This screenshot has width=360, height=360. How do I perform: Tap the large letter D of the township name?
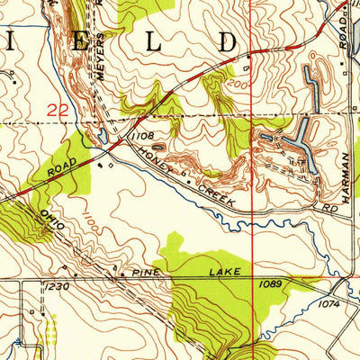click(227, 42)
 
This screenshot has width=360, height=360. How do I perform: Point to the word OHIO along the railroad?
click(51, 218)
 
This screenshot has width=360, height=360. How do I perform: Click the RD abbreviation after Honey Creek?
click(331, 208)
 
